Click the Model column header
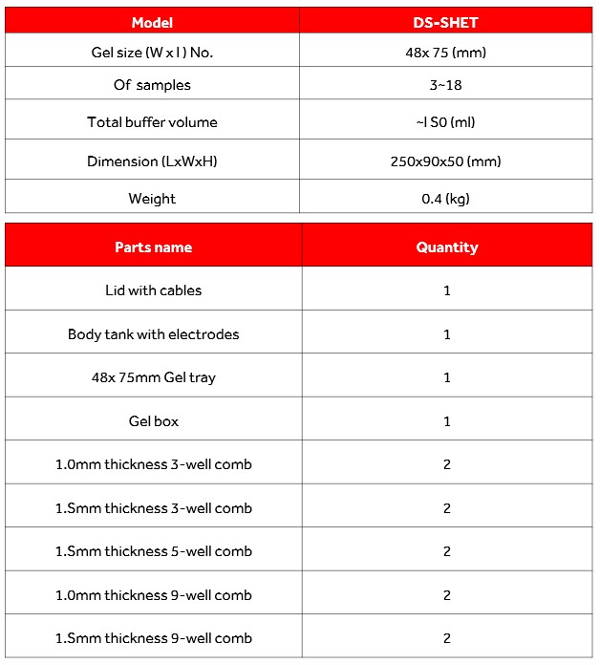(153, 21)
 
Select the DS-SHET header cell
(445, 21)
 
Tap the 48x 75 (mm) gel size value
(445, 53)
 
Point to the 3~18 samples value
(445, 85)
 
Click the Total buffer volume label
(152, 122)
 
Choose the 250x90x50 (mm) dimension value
(445, 161)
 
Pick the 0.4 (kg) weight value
(445, 199)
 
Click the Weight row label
(152, 199)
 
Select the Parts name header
(153, 247)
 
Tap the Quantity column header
(446, 247)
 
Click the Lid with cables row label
(153, 290)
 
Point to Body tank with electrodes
(153, 334)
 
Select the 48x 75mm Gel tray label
(153, 377)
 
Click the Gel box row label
(153, 420)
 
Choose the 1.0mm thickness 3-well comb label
(153, 464)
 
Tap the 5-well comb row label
(153, 551)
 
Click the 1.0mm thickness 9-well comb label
(153, 595)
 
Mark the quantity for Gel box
(446, 420)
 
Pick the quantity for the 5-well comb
(446, 551)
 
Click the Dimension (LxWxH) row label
(152, 161)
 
